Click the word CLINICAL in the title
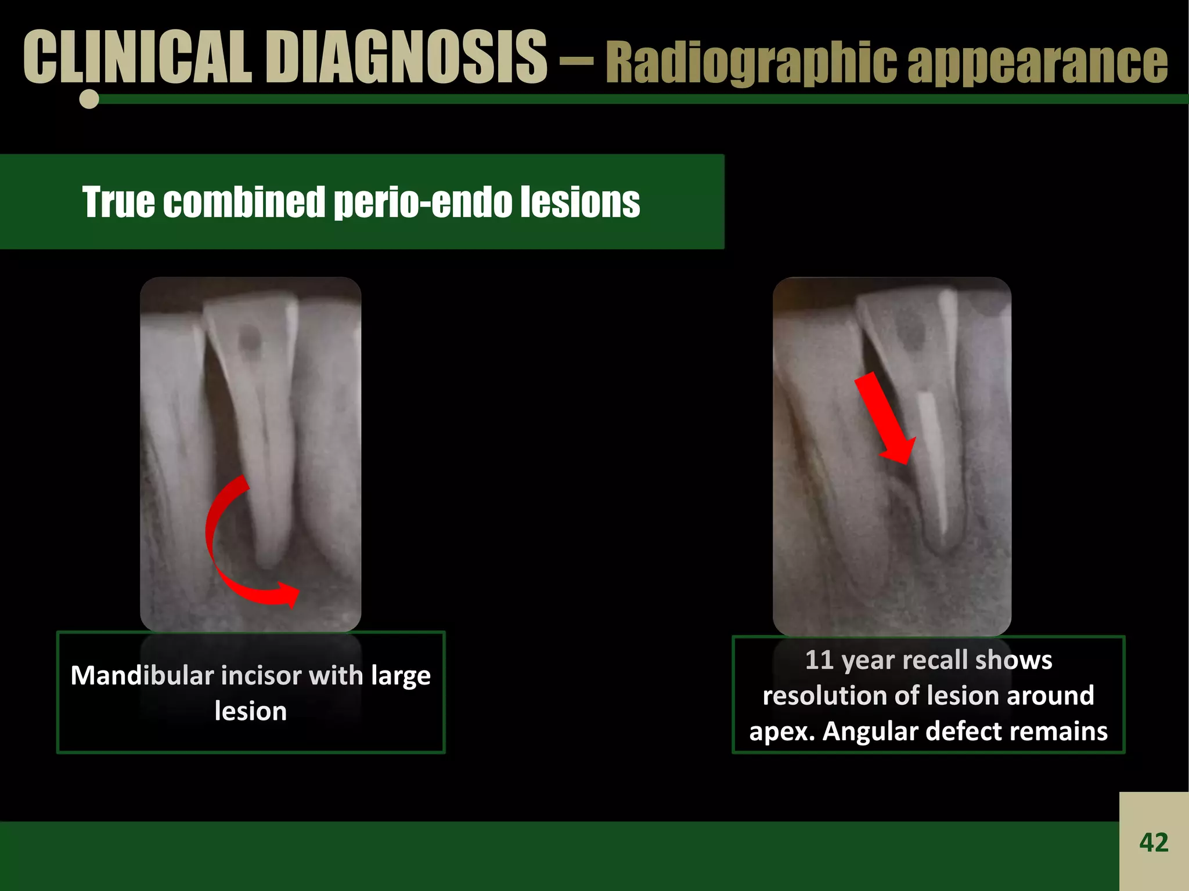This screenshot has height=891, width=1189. coord(137,57)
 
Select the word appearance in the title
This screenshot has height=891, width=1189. coord(1037,63)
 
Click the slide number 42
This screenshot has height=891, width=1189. coord(1154,842)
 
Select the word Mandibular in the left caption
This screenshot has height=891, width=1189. coord(142,676)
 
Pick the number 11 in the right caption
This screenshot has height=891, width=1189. coord(819,660)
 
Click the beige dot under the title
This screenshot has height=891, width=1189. coord(89,99)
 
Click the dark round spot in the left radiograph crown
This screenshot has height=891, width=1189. coord(250,337)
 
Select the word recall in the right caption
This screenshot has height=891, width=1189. coord(935,660)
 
